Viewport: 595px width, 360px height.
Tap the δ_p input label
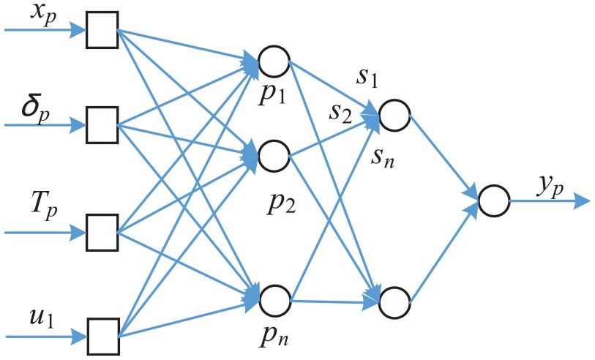click(40, 110)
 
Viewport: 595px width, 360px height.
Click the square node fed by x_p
click(102, 31)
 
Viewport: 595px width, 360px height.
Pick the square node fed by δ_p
click(102, 125)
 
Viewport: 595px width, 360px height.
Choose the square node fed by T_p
click(102, 233)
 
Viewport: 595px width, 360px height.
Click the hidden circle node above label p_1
click(274, 63)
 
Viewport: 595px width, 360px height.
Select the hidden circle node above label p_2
click(274, 154)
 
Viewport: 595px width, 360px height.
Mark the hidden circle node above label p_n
click(275, 299)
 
